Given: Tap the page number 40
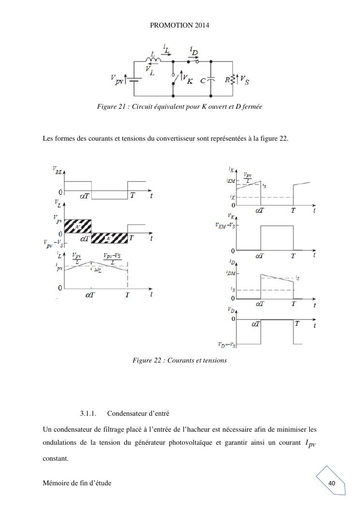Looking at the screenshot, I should [x=331, y=483].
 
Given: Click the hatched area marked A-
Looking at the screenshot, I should [x=110, y=238].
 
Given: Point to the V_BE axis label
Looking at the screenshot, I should [x=57, y=170].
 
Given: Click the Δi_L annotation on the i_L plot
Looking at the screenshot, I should [x=98, y=270].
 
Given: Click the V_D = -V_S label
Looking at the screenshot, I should [x=227, y=345].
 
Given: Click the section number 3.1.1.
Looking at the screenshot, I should [x=88, y=414].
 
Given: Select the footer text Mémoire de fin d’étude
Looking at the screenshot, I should [x=77, y=483].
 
